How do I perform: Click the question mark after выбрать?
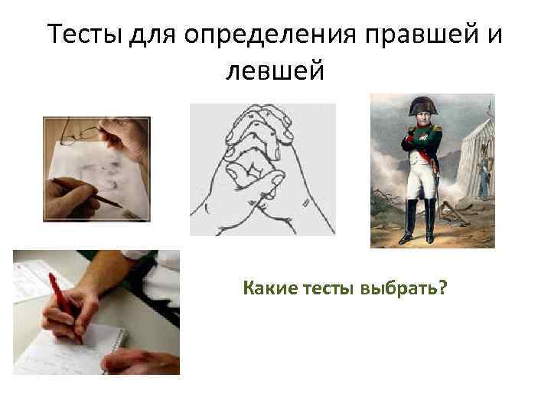point(444,289)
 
